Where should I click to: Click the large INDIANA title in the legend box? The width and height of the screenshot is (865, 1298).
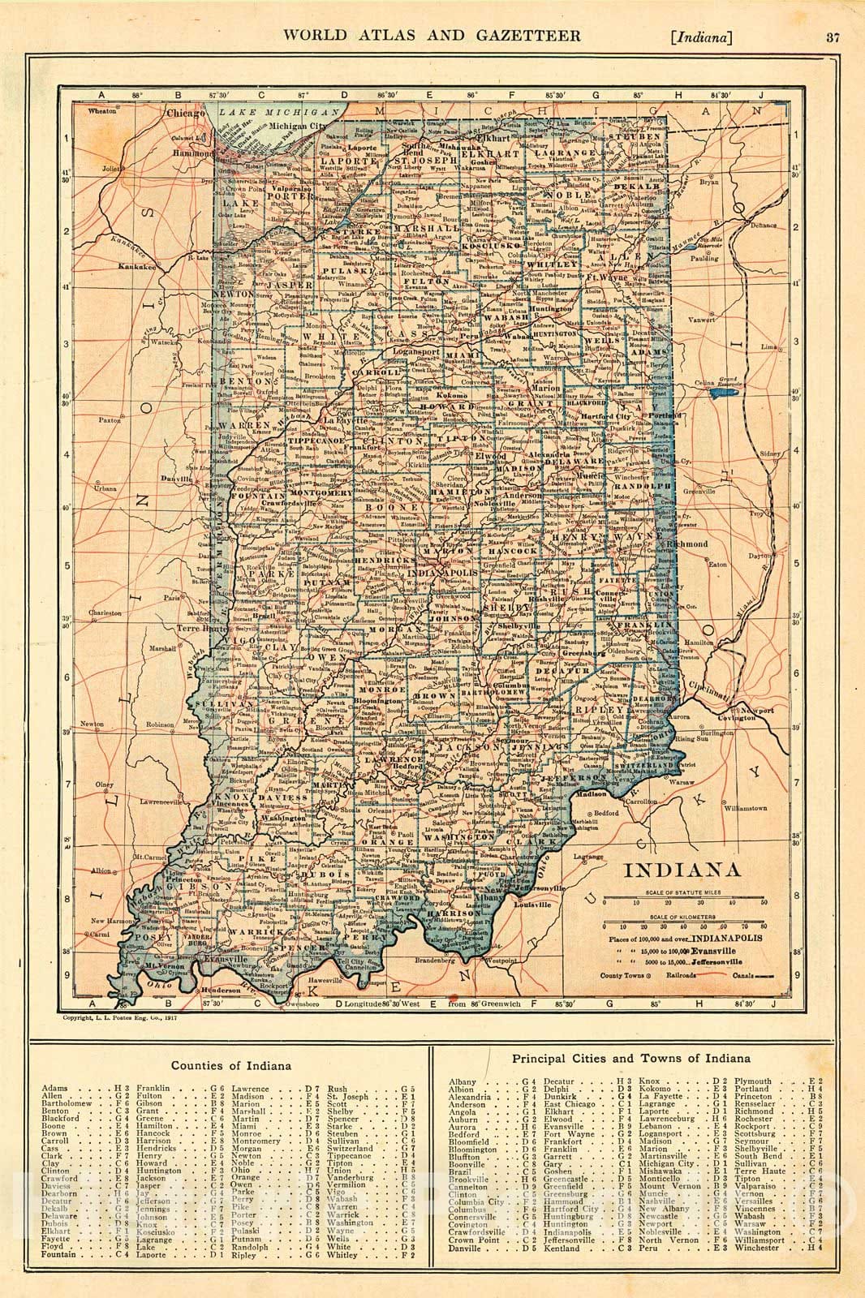(681, 871)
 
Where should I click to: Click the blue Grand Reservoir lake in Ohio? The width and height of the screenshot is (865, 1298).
(721, 393)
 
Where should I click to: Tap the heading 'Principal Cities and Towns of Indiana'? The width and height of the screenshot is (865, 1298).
(631, 1058)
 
